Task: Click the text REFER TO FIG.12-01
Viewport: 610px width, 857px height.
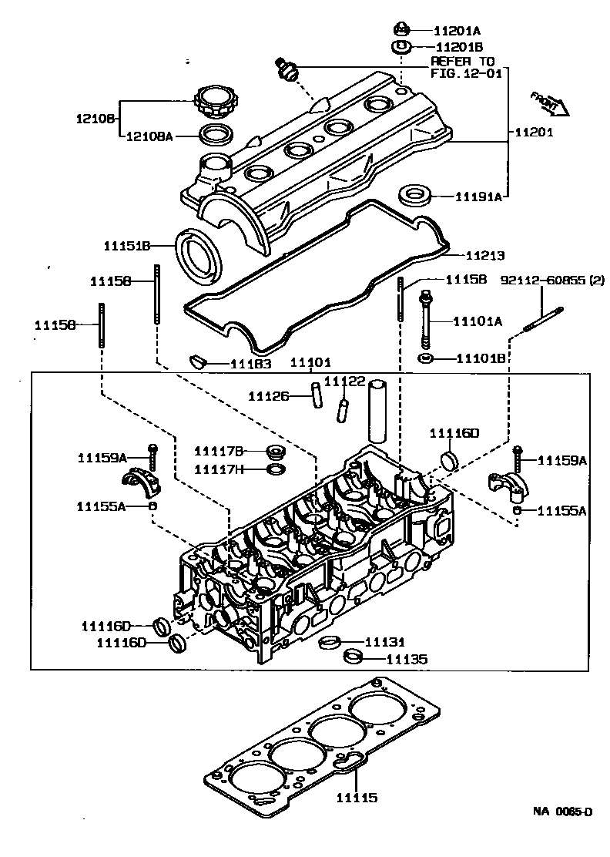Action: [x=463, y=67]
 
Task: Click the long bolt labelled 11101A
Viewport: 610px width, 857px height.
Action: [x=424, y=321]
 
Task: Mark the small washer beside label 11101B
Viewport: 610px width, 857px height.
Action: [x=424, y=359]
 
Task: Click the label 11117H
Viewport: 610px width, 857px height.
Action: [x=219, y=469]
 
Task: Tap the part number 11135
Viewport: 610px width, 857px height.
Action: [x=406, y=660]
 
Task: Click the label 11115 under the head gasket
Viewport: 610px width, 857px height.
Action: [x=356, y=798]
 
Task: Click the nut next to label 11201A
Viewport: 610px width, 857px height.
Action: [x=401, y=31]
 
